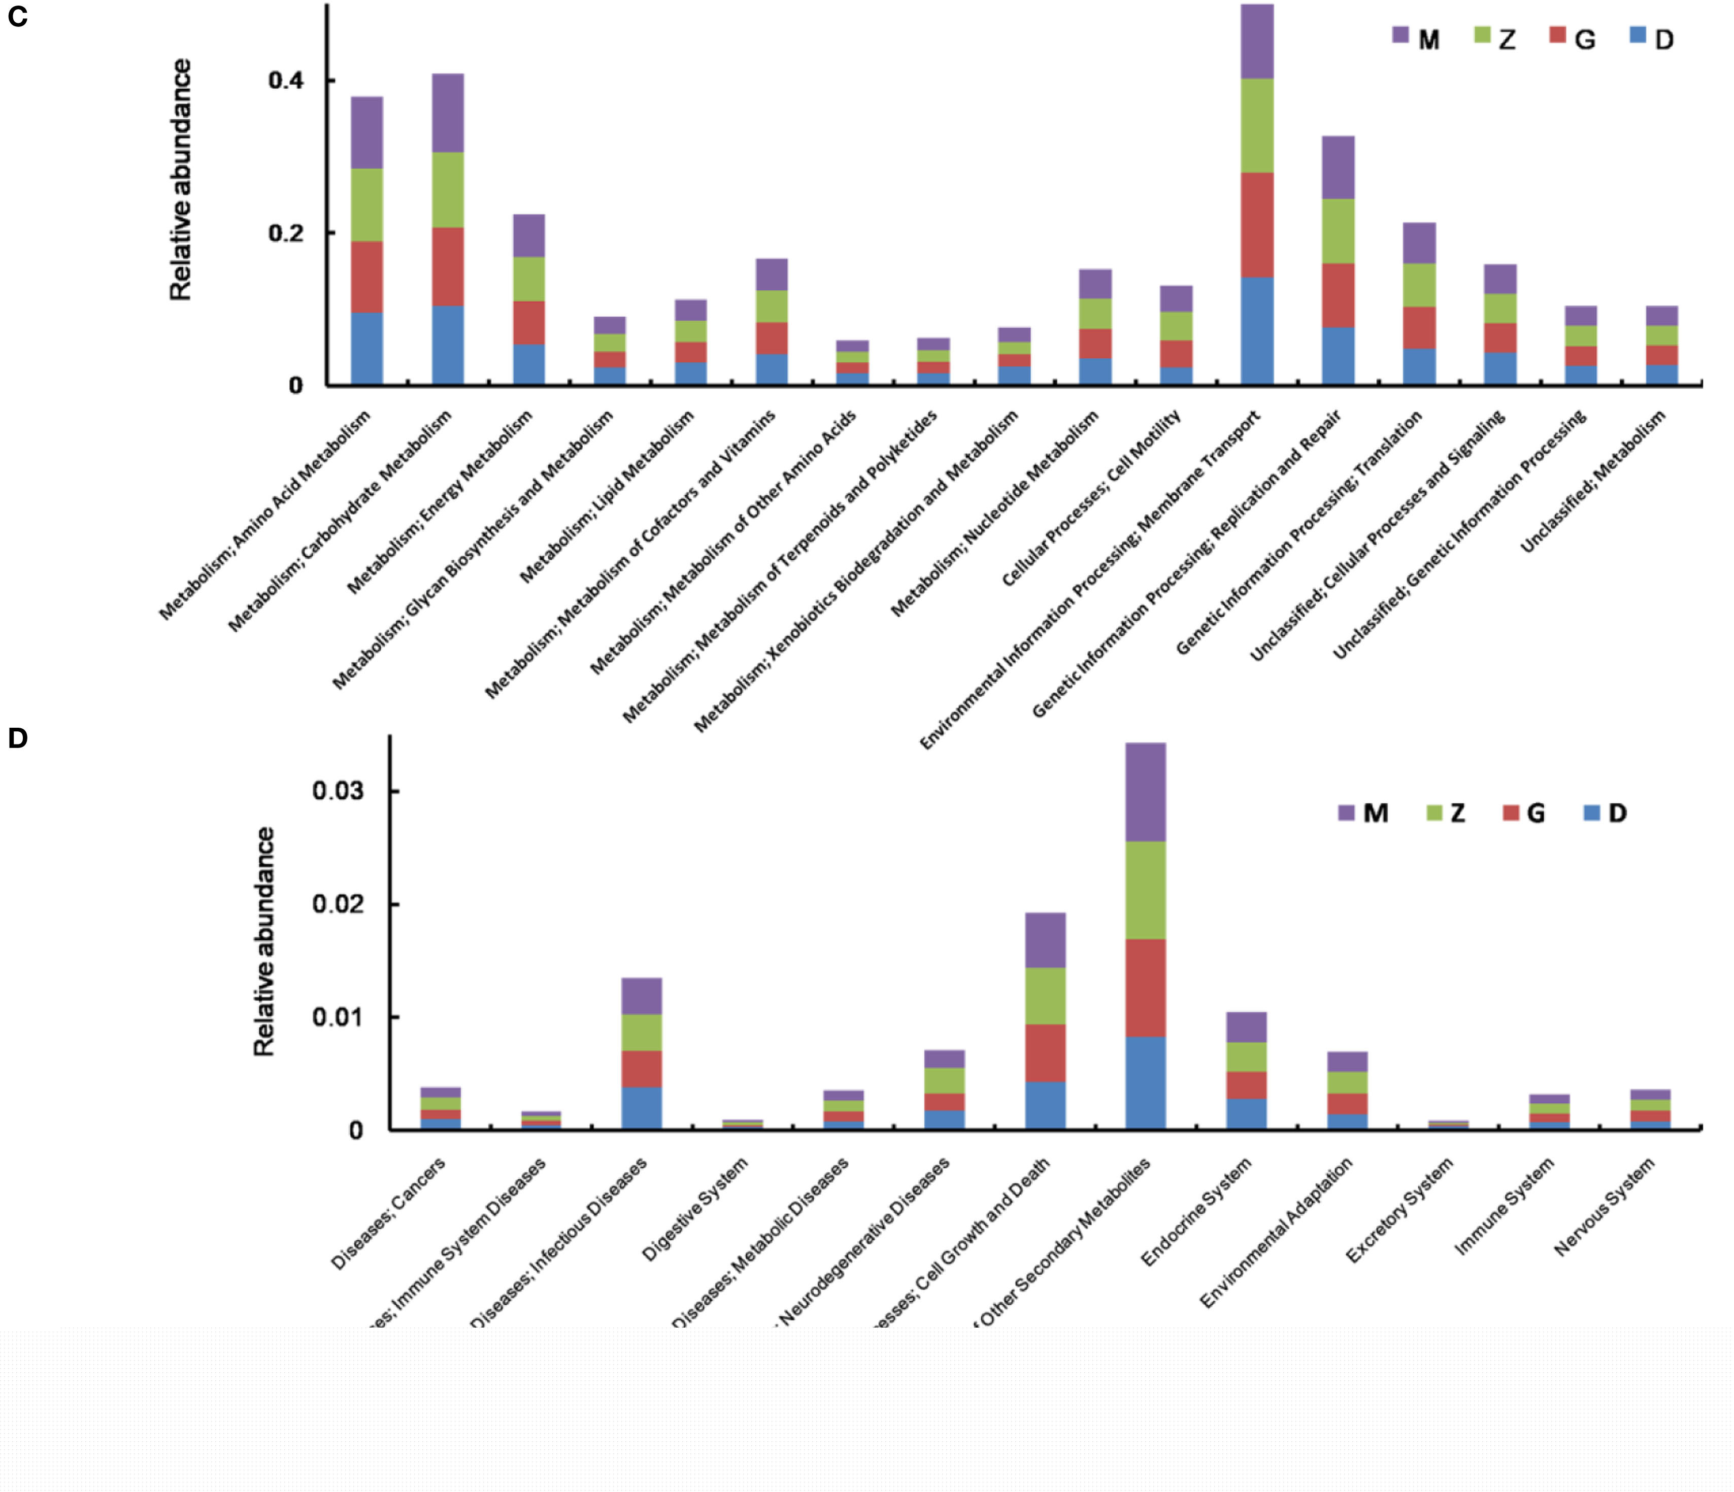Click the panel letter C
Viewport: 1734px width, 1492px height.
coord(18,17)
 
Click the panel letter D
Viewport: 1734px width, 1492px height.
coord(18,738)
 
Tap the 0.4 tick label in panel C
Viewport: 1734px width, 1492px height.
coord(285,81)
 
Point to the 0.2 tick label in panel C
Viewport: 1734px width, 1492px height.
coord(285,233)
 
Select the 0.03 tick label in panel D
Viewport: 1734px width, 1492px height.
coord(338,791)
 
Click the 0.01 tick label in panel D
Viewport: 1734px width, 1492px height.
coord(338,1018)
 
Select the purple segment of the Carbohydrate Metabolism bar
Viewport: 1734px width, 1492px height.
coord(448,113)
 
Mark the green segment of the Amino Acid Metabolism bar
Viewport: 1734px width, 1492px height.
coord(366,205)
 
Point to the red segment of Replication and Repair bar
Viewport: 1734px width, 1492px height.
coord(1338,295)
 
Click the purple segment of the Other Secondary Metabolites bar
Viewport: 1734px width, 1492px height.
coord(1146,792)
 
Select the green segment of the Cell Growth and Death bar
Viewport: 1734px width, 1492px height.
coord(1045,996)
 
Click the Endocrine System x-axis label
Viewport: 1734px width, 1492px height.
coord(1197,1211)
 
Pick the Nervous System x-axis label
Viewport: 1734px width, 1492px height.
coord(1604,1207)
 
